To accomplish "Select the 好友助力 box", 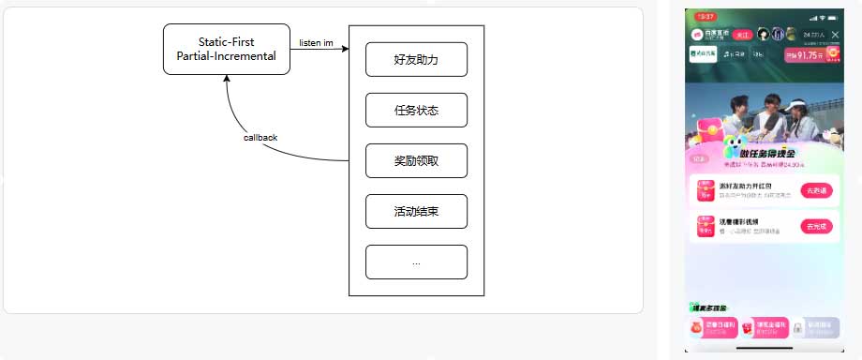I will click(416, 59).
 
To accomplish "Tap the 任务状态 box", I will click(416, 111).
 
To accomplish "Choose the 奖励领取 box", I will click(416, 161).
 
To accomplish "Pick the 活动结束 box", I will click(416, 211).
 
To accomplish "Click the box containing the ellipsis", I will click(416, 262).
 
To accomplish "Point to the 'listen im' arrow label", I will click(316, 42).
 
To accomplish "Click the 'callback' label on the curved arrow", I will click(260, 138).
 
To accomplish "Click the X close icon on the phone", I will click(835, 35).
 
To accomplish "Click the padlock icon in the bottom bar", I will click(797, 328).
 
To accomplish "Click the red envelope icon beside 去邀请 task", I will click(705, 190).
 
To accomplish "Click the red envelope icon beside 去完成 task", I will click(705, 227).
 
